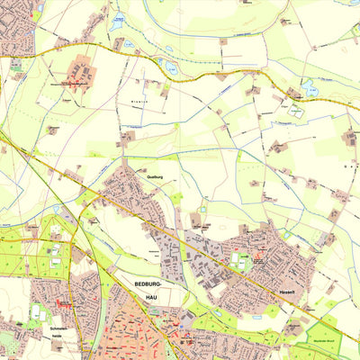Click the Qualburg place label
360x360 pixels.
pos(154,177)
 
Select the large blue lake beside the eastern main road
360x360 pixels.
pos(311,88)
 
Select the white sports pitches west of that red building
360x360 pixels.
pos(36,313)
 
